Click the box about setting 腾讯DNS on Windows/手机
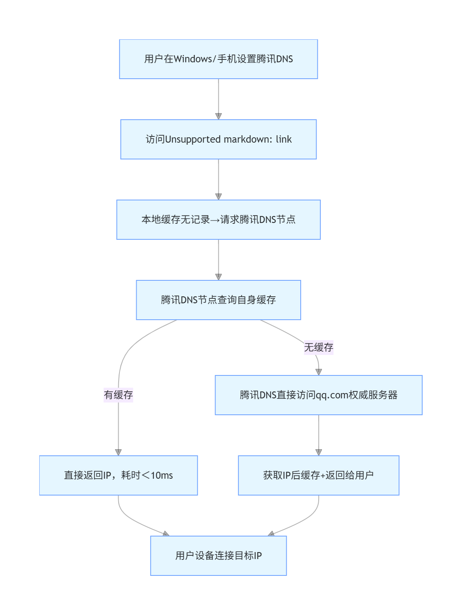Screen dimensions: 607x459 tap(218, 59)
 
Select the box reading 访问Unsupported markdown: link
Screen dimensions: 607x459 tap(218, 139)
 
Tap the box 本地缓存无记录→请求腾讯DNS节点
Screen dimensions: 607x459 tap(218, 220)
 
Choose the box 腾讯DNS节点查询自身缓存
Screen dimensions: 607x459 tap(218, 300)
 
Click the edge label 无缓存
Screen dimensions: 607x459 tap(319, 348)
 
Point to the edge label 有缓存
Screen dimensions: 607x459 tap(118, 395)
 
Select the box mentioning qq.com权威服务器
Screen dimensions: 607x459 tap(319, 395)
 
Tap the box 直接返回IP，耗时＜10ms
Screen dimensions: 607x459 tap(118, 475)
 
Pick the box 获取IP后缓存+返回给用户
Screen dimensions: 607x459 tap(319, 475)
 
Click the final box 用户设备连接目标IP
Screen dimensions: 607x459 tap(218, 556)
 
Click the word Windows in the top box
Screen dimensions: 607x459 tap(193, 59)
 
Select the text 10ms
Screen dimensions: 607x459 tap(162, 475)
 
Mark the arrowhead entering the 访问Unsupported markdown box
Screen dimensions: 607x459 tap(218, 116)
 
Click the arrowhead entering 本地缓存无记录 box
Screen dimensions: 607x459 tap(218, 197)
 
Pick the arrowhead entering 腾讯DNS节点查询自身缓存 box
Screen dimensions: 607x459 tap(218, 277)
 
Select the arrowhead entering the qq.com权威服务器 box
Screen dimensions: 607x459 tap(319, 372)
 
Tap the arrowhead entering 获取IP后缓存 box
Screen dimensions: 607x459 tap(319, 452)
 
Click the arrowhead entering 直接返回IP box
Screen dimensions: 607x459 tap(118, 452)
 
